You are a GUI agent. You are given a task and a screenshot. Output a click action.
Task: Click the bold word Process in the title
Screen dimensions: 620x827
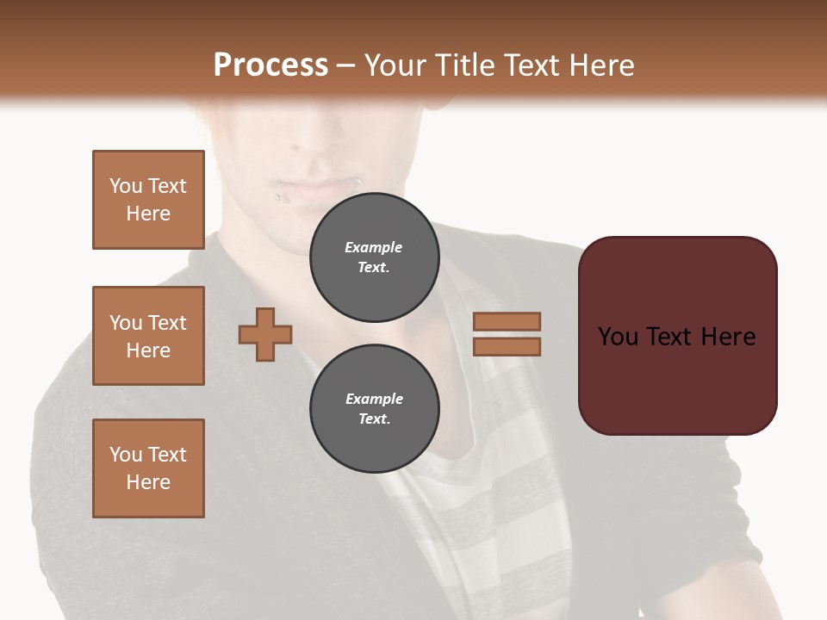click(x=270, y=65)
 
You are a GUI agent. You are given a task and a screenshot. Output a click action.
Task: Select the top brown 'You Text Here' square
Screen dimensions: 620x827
click(x=148, y=200)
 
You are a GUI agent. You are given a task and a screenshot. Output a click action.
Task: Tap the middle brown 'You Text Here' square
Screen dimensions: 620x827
click(x=148, y=336)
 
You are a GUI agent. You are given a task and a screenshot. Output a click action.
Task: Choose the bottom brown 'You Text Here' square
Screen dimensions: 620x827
click(x=148, y=468)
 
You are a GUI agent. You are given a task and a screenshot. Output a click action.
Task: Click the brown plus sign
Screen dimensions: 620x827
click(x=265, y=335)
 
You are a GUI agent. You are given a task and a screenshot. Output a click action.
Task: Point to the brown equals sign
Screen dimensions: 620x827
click(x=507, y=334)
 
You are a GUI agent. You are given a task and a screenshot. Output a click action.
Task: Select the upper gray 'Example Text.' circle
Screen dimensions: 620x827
click(x=374, y=257)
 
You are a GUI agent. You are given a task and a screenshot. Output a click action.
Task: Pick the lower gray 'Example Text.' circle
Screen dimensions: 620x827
click(x=374, y=408)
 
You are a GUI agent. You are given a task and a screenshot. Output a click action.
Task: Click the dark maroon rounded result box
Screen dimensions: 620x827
click(x=677, y=336)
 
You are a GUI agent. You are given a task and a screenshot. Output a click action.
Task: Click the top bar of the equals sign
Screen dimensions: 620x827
click(x=507, y=321)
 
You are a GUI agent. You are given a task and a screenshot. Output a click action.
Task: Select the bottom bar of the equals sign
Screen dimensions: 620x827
click(x=507, y=347)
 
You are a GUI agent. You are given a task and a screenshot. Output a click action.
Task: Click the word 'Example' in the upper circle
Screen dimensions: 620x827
click(x=374, y=247)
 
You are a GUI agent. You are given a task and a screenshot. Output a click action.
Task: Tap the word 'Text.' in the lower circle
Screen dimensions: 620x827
click(x=374, y=418)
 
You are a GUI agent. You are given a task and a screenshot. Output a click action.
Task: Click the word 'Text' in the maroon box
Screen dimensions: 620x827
click(x=676, y=337)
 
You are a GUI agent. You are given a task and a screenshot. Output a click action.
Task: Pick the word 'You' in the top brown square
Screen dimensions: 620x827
click(x=125, y=186)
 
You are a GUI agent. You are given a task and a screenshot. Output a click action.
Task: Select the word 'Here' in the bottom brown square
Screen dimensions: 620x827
click(x=148, y=482)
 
